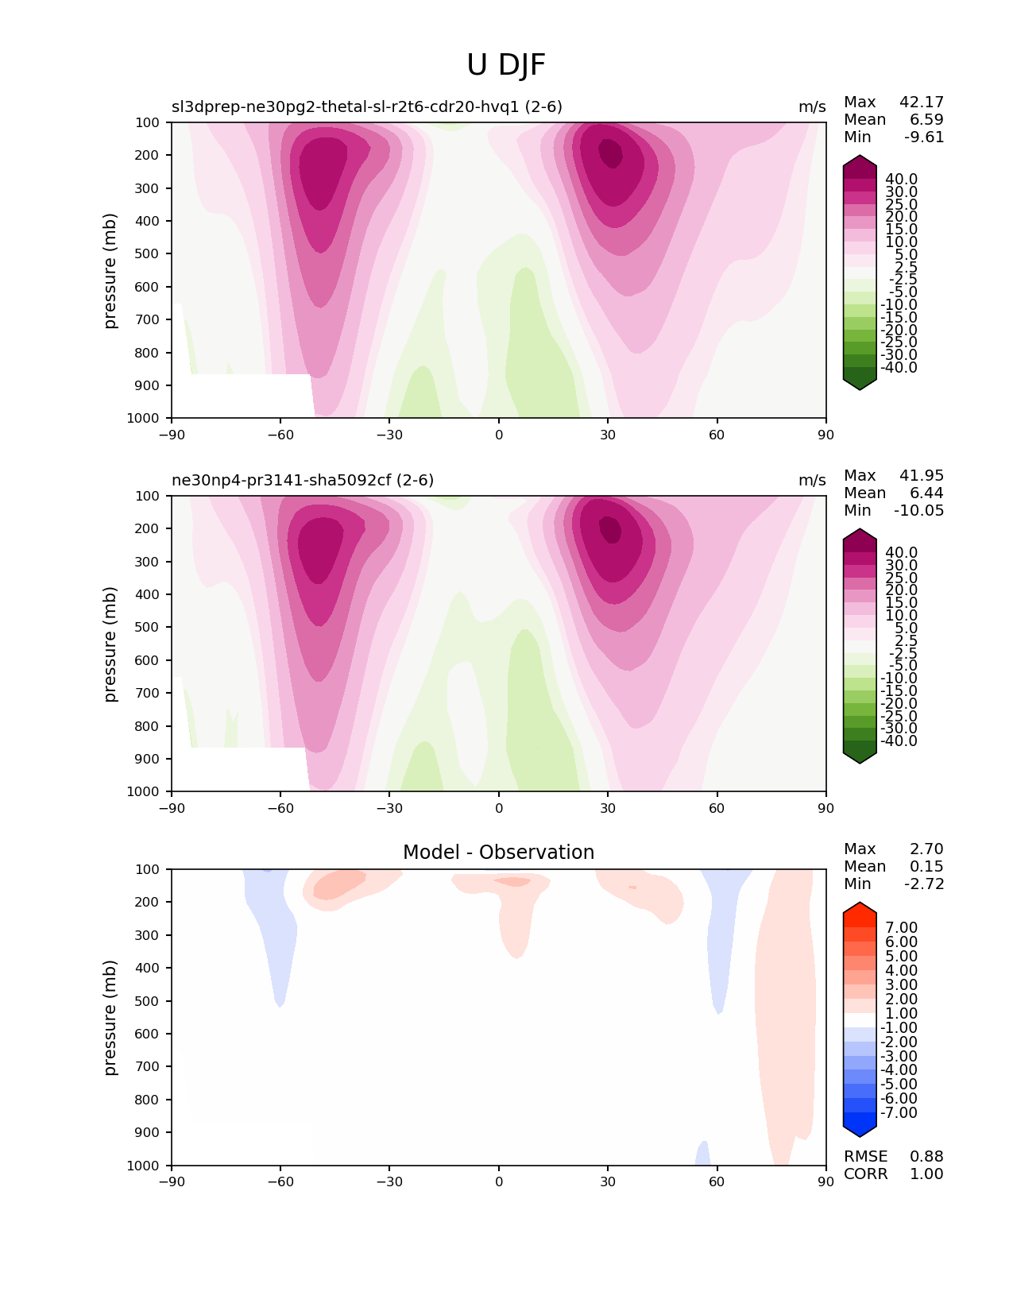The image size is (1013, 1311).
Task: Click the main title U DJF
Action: point(506,65)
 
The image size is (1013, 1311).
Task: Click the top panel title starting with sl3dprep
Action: point(367,106)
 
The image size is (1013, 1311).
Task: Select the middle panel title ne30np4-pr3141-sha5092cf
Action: point(303,480)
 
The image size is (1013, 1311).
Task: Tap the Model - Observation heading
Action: point(498,853)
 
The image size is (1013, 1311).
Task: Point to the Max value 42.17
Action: point(921,102)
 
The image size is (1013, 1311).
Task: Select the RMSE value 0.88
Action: point(926,1156)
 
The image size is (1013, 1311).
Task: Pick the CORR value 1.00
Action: point(926,1174)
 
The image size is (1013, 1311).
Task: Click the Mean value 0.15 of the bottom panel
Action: point(926,866)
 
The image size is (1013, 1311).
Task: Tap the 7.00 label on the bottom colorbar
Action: point(901,927)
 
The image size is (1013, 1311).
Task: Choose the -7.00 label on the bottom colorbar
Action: point(899,1112)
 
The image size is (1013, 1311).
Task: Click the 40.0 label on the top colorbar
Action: point(901,179)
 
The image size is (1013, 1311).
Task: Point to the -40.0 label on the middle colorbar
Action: point(899,741)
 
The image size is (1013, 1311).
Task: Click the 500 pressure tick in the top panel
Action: point(149,253)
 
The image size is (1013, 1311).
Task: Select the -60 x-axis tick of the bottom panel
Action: point(280,1181)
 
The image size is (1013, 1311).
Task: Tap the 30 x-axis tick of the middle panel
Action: point(608,808)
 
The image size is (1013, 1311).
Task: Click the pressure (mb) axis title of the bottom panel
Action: point(110,1017)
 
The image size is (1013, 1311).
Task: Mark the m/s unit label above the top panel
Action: point(812,106)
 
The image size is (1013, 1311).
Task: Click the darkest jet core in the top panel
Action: point(610,153)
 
